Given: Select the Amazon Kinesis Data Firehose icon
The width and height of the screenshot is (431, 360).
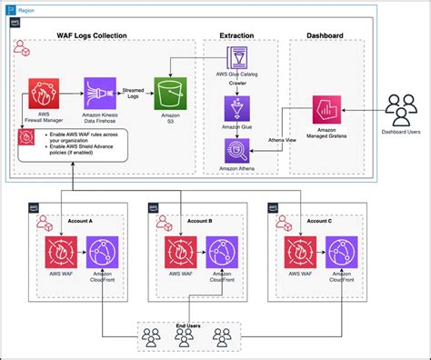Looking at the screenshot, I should point(99,93).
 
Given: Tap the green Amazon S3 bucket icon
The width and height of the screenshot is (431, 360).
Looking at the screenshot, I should point(169,93).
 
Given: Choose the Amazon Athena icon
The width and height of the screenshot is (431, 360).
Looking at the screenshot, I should point(237,150).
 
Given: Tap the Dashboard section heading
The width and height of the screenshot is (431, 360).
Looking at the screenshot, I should point(326,36).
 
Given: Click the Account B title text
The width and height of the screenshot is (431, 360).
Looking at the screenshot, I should point(199,220).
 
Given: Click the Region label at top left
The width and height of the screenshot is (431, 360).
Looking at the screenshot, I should point(31,7).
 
